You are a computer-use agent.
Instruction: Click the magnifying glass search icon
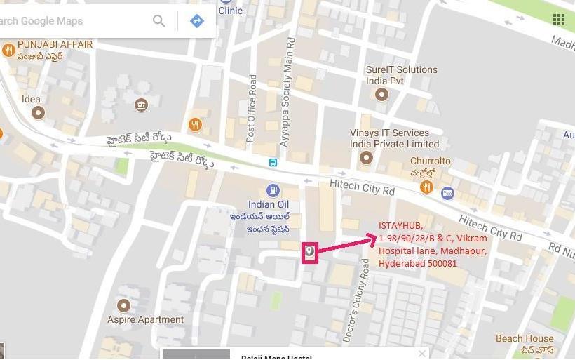159,21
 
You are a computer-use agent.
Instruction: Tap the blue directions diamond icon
197,21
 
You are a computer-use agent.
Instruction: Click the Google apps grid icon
559,19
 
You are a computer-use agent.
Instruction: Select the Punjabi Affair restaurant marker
8,50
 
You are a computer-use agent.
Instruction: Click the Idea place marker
38,112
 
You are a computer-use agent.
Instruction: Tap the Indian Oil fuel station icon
272,190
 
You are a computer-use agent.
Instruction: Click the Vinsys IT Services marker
365,159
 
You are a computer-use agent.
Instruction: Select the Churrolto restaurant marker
426,187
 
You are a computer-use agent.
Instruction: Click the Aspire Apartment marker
124,305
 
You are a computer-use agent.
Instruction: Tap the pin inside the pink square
310,251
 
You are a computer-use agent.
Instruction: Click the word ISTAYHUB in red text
400,225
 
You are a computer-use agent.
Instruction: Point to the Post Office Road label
252,109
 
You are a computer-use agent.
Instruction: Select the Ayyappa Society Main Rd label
287,91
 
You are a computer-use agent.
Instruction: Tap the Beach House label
524,338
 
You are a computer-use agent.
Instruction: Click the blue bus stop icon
272,163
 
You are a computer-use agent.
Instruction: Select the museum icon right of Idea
141,105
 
